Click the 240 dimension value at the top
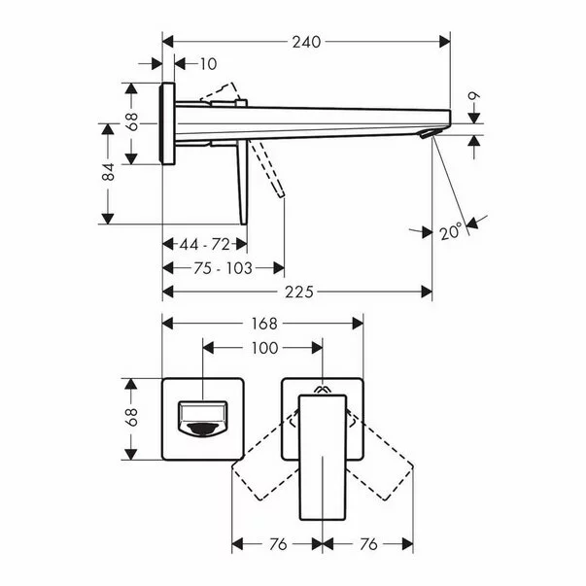(306, 42)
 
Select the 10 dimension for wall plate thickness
(208, 64)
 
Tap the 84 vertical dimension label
(109, 172)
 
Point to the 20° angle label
(450, 232)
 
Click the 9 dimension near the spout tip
(472, 97)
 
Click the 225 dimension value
(297, 292)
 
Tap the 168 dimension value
(263, 323)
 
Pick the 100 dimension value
(263, 347)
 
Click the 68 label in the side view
(133, 122)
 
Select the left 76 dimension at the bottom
(276, 544)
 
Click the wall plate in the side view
(168, 124)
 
